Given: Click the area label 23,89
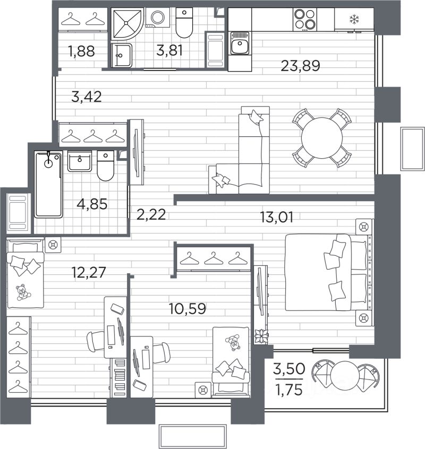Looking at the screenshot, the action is point(300,66).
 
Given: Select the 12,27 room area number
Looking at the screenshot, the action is point(89,272).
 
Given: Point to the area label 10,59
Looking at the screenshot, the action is point(188,309).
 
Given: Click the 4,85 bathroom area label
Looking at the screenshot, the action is point(92,204).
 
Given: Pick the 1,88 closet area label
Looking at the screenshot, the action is point(81,51).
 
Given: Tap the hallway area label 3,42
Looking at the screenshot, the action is point(86,97).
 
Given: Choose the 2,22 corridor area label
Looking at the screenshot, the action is point(151,214).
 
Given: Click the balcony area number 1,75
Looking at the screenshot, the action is point(288,390).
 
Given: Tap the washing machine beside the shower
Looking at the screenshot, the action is point(158,18).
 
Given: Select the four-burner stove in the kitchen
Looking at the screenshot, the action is point(304,19).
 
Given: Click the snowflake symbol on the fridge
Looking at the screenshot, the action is point(354,20).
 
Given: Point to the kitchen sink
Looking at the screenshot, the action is point(240,43).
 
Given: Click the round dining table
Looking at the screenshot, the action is point(322,138).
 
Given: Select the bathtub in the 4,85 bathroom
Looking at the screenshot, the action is point(48,185).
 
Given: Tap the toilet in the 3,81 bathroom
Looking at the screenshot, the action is point(184,23).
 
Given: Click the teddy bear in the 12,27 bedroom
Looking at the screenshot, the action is point(22,292).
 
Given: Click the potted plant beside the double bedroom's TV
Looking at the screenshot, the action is point(261,336).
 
